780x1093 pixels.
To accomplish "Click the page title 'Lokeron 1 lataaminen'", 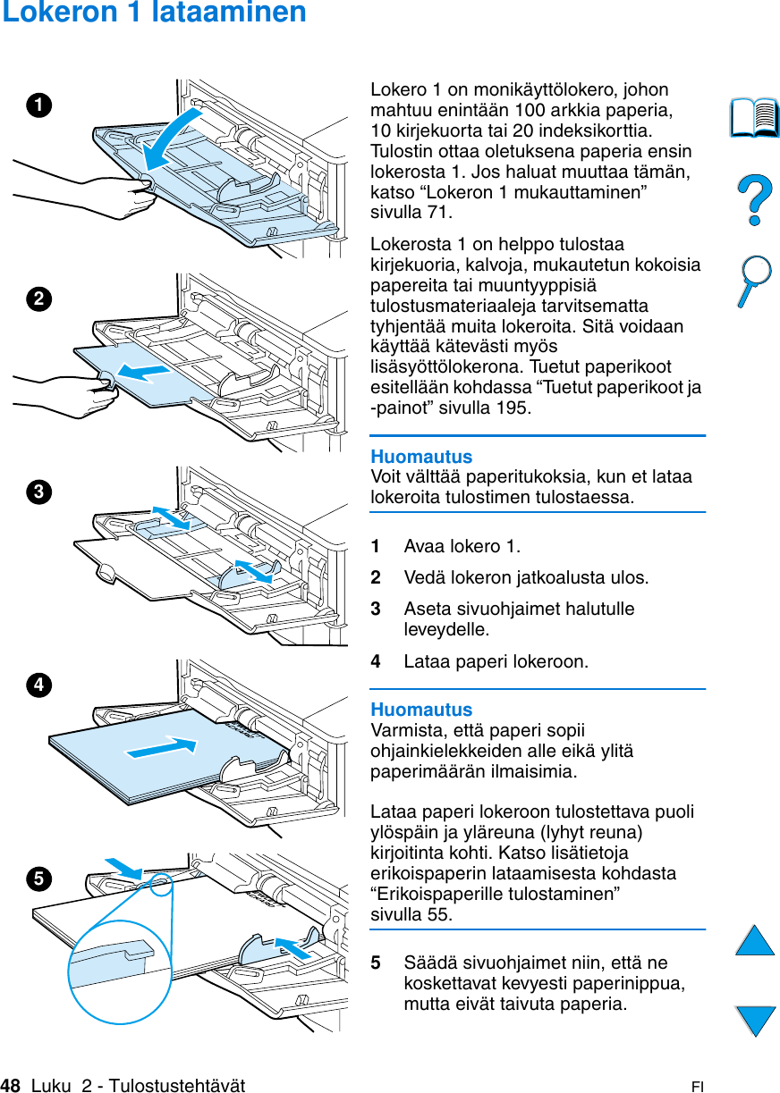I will click(154, 13).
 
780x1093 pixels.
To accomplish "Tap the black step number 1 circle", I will click(38, 105).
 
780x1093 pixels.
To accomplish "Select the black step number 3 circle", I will click(38, 492).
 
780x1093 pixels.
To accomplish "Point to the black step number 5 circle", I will click(38, 879).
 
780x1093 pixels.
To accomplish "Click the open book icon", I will click(754, 119).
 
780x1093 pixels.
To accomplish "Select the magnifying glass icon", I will click(754, 281).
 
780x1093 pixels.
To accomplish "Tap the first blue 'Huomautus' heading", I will click(421, 457).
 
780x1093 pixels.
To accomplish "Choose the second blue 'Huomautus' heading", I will click(421, 710).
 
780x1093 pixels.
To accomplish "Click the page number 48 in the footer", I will click(11, 1085).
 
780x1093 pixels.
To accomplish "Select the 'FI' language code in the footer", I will click(697, 1087).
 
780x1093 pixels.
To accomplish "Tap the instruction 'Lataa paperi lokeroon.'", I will click(496, 662).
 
